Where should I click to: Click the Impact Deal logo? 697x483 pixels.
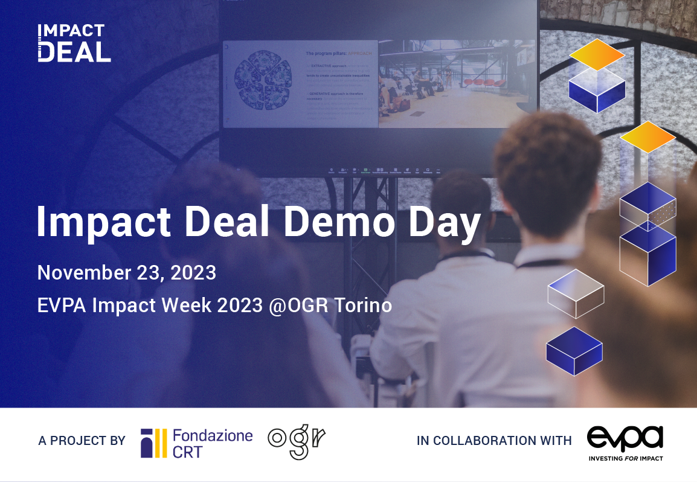point(74,43)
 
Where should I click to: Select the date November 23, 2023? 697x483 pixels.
point(127,273)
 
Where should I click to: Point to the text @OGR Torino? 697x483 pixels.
point(332,305)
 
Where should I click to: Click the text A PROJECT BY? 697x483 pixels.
point(82,441)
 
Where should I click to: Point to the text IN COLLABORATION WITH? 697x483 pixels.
point(494,441)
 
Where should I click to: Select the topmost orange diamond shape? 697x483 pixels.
point(596,54)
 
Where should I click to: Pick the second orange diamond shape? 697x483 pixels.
point(647,136)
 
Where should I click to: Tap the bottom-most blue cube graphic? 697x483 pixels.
point(574,351)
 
